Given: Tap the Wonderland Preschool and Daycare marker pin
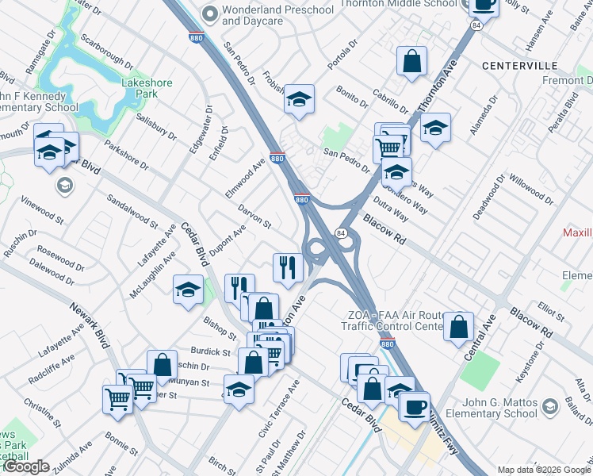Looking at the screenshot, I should [209, 13].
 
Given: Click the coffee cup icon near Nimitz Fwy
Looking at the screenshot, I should [414, 406].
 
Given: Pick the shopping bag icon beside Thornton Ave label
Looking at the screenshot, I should [412, 61].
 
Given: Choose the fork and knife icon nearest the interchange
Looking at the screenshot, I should [288, 267].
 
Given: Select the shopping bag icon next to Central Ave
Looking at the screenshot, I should [458, 327].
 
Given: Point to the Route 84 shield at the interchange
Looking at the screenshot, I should [340, 232].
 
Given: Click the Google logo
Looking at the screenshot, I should [25, 466].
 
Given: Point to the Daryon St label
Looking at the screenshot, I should [254, 216].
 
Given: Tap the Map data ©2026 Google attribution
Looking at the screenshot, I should [543, 470].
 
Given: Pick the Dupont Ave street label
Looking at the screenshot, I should [228, 234].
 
